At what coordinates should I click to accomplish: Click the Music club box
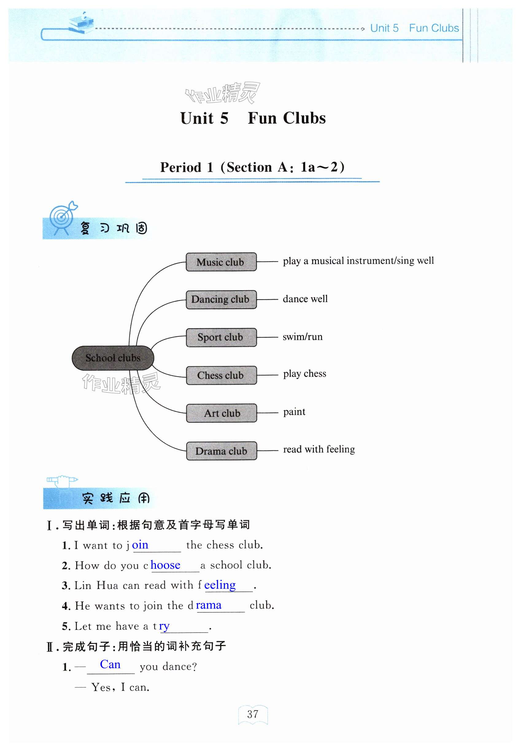point(221,262)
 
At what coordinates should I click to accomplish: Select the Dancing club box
point(221,299)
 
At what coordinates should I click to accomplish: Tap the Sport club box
point(221,337)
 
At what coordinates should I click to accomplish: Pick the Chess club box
point(221,375)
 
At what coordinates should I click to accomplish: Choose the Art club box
point(221,413)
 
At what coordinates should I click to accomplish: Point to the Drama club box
point(221,451)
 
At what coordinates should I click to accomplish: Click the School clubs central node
point(113,358)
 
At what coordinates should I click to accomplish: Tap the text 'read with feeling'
point(318,449)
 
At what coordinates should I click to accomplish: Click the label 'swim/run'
point(302,337)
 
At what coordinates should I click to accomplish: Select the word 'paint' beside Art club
point(294,412)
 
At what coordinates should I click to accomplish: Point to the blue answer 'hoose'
point(165,565)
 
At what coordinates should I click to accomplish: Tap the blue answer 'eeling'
point(220,585)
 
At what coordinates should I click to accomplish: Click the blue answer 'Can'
point(110,664)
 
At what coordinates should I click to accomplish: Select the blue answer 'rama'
point(209,605)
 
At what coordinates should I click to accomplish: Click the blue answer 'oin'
point(140,545)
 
